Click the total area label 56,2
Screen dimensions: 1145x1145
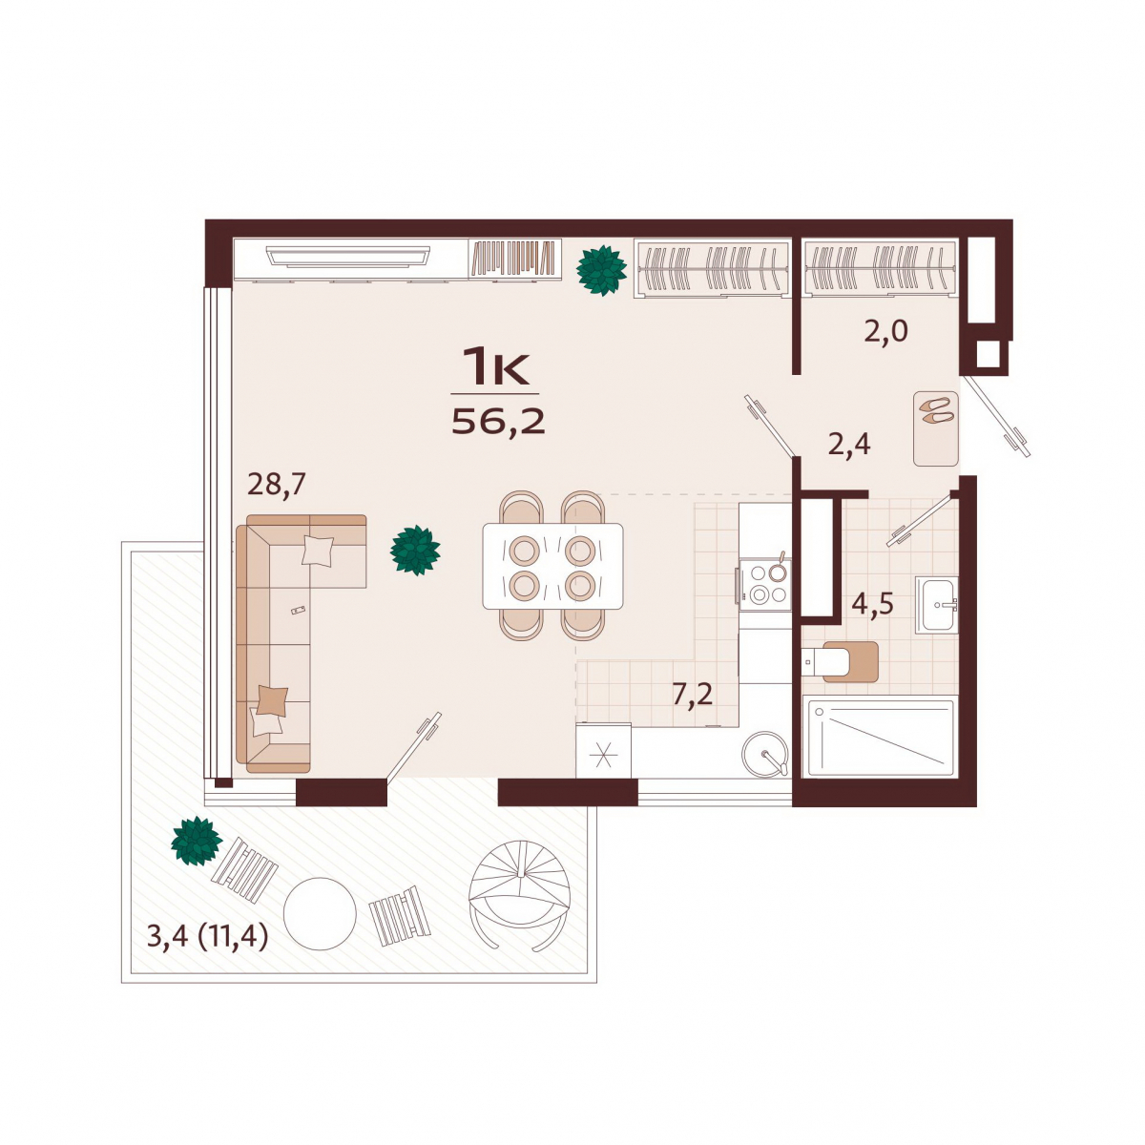(498, 422)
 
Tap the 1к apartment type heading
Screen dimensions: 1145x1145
(495, 366)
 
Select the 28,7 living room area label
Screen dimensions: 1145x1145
(277, 485)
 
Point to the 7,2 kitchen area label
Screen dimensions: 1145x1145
(692, 694)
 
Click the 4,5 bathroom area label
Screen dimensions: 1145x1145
(872, 604)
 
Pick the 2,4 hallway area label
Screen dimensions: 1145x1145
(849, 444)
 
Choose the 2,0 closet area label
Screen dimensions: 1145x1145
(885, 331)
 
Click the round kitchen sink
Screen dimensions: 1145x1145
(765, 754)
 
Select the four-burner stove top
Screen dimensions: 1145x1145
(764, 585)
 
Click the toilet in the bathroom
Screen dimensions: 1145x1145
(839, 661)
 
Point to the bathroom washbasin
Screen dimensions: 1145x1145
(936, 604)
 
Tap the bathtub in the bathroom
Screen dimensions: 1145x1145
(880, 737)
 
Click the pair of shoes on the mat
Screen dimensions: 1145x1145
(936, 410)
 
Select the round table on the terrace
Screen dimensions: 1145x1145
(320, 914)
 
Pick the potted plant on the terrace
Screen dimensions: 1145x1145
(197, 841)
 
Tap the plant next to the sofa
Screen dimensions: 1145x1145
(415, 551)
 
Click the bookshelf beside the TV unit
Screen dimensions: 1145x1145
(514, 258)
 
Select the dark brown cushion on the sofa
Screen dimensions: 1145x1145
(272, 700)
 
